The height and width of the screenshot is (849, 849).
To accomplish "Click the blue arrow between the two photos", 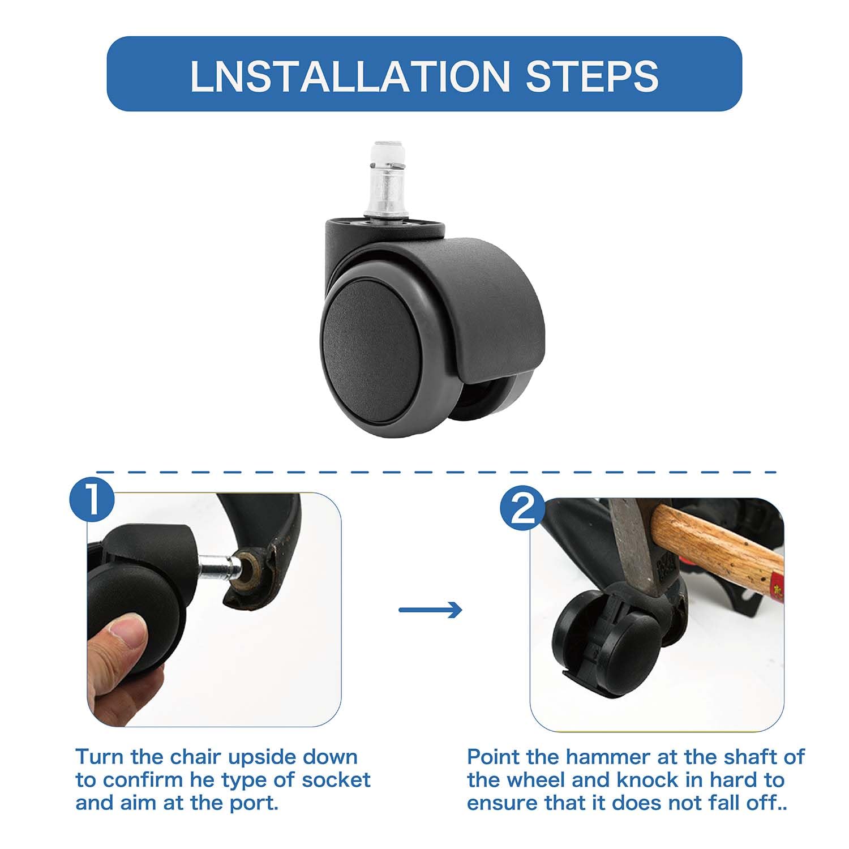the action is pyautogui.click(x=430, y=610).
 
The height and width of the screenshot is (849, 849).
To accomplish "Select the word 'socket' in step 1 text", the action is pyautogui.click(x=336, y=780).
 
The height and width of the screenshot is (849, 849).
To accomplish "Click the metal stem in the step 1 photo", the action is pyautogui.click(x=220, y=564).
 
